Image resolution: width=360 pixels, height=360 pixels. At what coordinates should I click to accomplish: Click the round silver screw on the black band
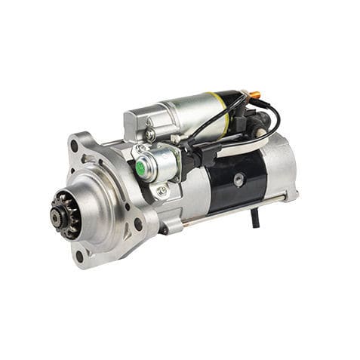pos(238,179)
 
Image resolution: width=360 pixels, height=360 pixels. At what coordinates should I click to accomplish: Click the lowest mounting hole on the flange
pos(80,256)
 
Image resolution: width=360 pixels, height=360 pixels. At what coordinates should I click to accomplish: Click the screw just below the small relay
pos(161,191)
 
